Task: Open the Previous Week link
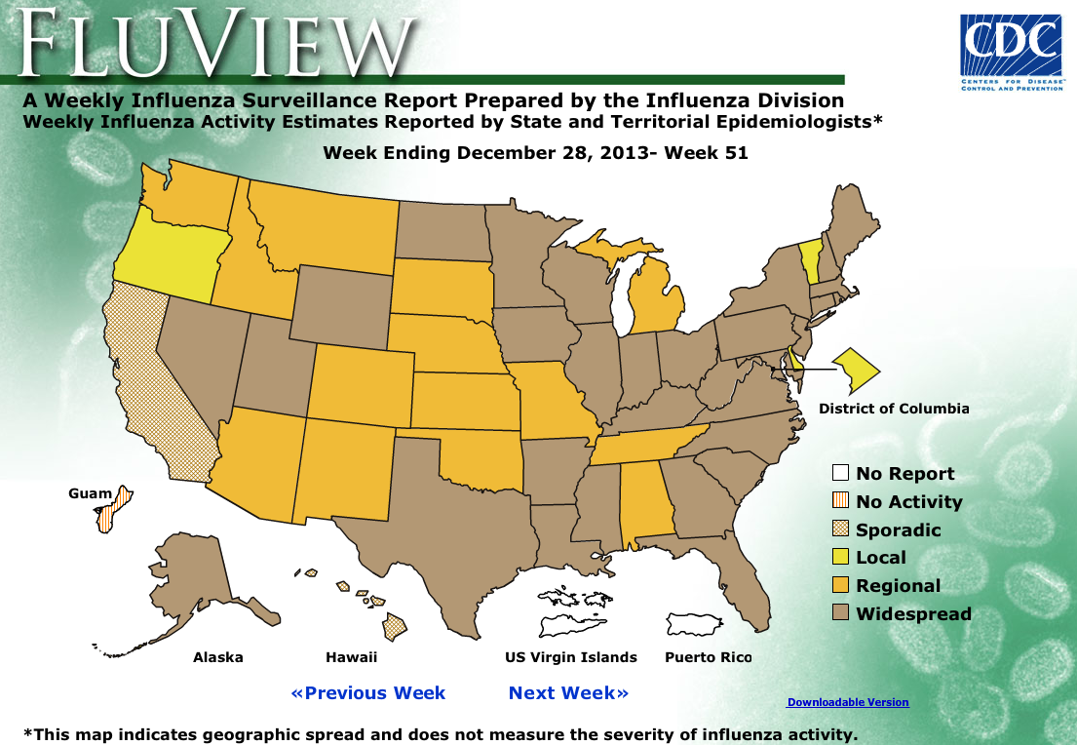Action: (367, 693)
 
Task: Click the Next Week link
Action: (568, 693)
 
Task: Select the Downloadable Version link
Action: (847, 702)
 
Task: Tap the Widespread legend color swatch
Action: (840, 613)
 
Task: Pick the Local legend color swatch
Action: (840, 558)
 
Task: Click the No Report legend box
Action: (840, 474)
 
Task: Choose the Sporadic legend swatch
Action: (840, 529)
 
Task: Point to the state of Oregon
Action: (171, 254)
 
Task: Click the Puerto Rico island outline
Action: (693, 624)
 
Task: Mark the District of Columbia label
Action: (894, 409)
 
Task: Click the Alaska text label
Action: (217, 657)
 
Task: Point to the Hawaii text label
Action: (351, 657)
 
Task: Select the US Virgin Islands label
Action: (570, 657)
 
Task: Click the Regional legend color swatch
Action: (840, 585)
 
